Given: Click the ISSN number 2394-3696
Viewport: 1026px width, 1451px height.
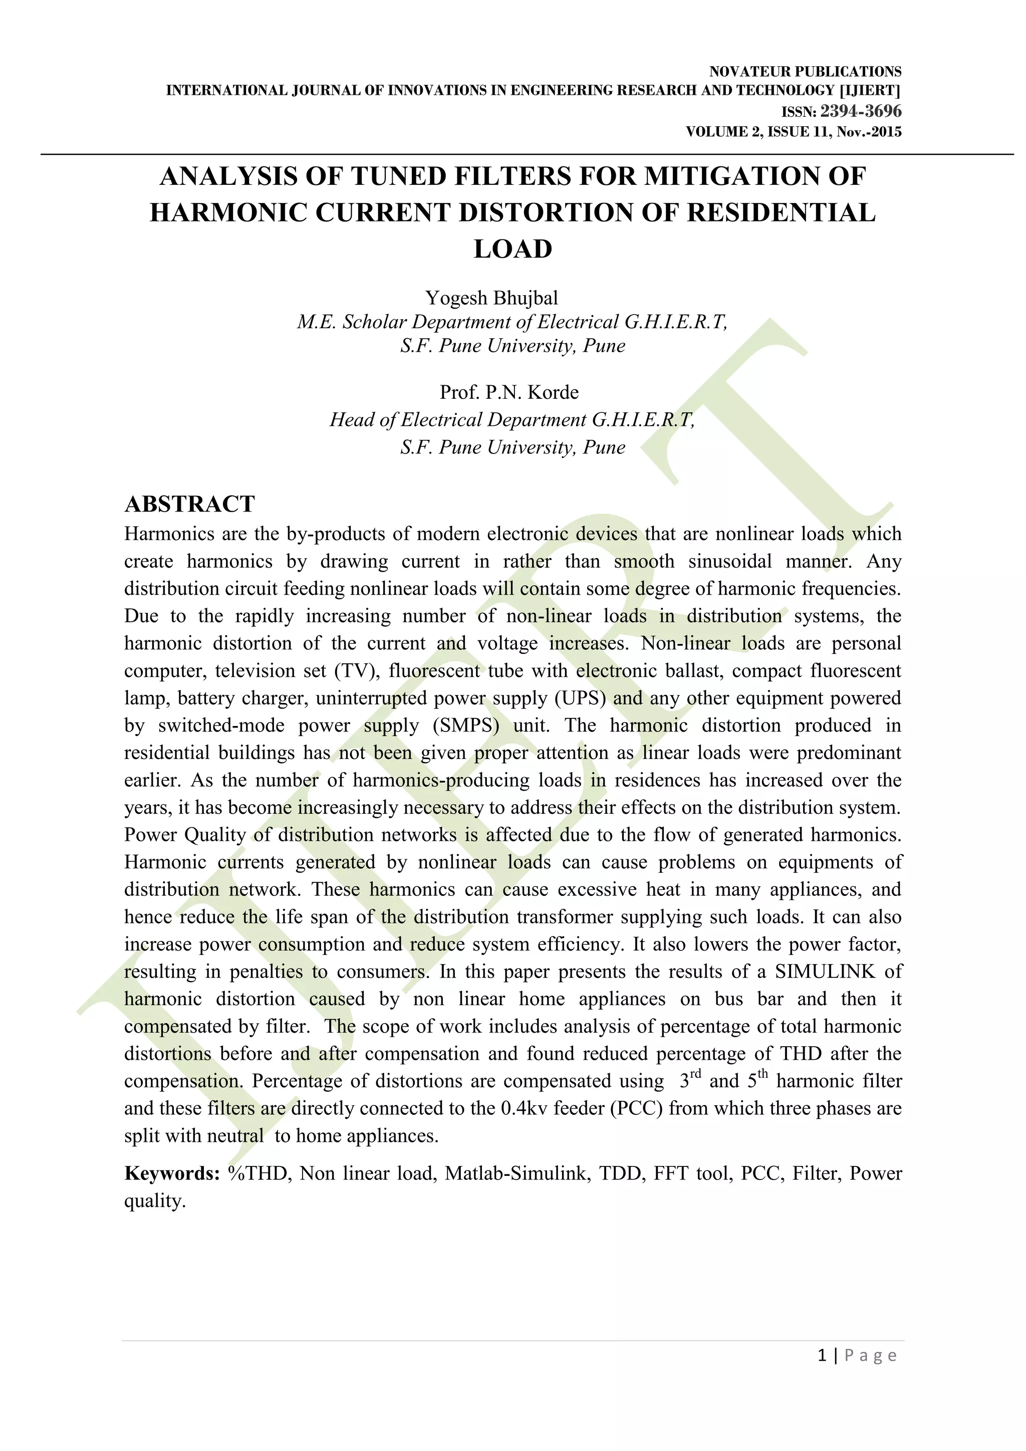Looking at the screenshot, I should pyautogui.click(x=861, y=111).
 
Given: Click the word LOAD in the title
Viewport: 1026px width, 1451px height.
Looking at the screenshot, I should pyautogui.click(x=512, y=249).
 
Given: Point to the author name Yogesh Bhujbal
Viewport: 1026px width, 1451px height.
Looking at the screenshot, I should pyautogui.click(x=491, y=298).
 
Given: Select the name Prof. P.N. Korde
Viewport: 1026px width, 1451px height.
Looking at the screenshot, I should pyautogui.click(x=509, y=392).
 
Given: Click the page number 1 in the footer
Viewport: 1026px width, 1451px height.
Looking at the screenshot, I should pyautogui.click(x=822, y=1356).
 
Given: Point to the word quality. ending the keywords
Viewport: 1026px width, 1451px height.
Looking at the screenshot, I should pyautogui.click(x=155, y=1201).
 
